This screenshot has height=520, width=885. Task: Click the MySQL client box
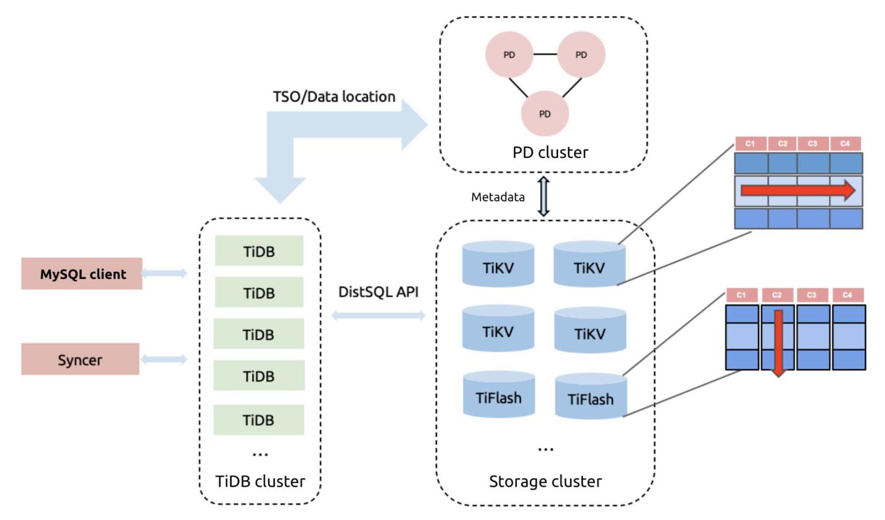[x=82, y=274]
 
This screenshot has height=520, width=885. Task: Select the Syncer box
[x=80, y=360]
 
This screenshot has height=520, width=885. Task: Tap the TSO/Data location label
[x=334, y=97]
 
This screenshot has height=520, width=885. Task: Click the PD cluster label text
[x=550, y=152]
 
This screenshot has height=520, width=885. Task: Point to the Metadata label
[x=498, y=197]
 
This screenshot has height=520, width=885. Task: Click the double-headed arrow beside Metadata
[x=543, y=197]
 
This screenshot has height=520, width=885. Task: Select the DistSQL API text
[x=378, y=292]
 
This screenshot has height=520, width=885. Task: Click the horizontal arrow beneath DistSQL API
[x=378, y=316]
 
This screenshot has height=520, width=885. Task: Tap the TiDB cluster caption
[x=260, y=481]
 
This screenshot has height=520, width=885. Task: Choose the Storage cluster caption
[x=545, y=481]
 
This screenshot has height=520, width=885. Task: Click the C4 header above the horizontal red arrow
[x=845, y=144]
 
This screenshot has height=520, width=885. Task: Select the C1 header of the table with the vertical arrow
[x=741, y=295]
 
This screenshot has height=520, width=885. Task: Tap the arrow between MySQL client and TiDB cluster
[x=164, y=273]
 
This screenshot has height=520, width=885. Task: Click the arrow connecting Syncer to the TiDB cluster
[x=163, y=360]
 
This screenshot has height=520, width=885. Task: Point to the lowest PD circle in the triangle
[x=545, y=114]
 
